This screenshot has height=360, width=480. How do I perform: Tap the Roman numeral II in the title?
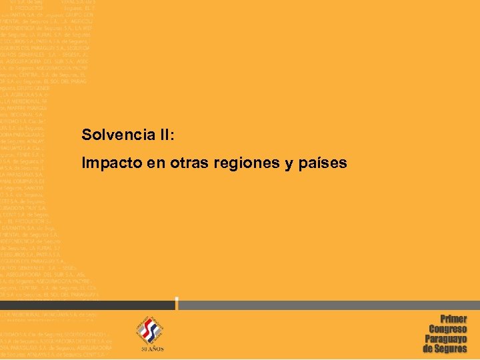[165, 135]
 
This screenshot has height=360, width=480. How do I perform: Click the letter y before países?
[285, 164]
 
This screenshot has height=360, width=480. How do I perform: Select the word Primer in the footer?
[453, 319]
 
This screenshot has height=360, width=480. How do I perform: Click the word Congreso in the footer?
[448, 329]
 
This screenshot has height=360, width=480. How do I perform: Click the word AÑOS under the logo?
[155, 349]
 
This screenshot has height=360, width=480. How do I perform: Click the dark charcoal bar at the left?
[87, 305]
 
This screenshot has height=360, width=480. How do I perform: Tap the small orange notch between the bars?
[177, 304]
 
